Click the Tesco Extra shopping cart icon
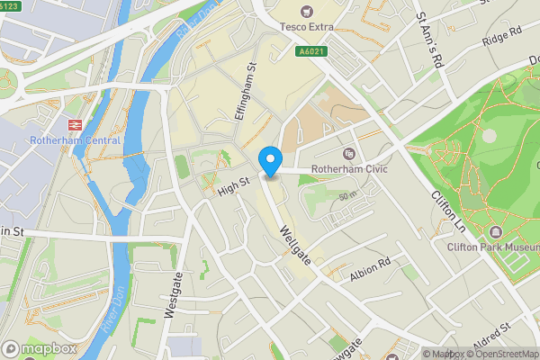click(x=306, y=12)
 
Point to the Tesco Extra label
click(x=306, y=28)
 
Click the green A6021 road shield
click(x=311, y=51)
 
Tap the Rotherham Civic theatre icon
click(x=349, y=154)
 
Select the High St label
click(x=232, y=187)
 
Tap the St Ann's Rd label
click(x=429, y=38)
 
